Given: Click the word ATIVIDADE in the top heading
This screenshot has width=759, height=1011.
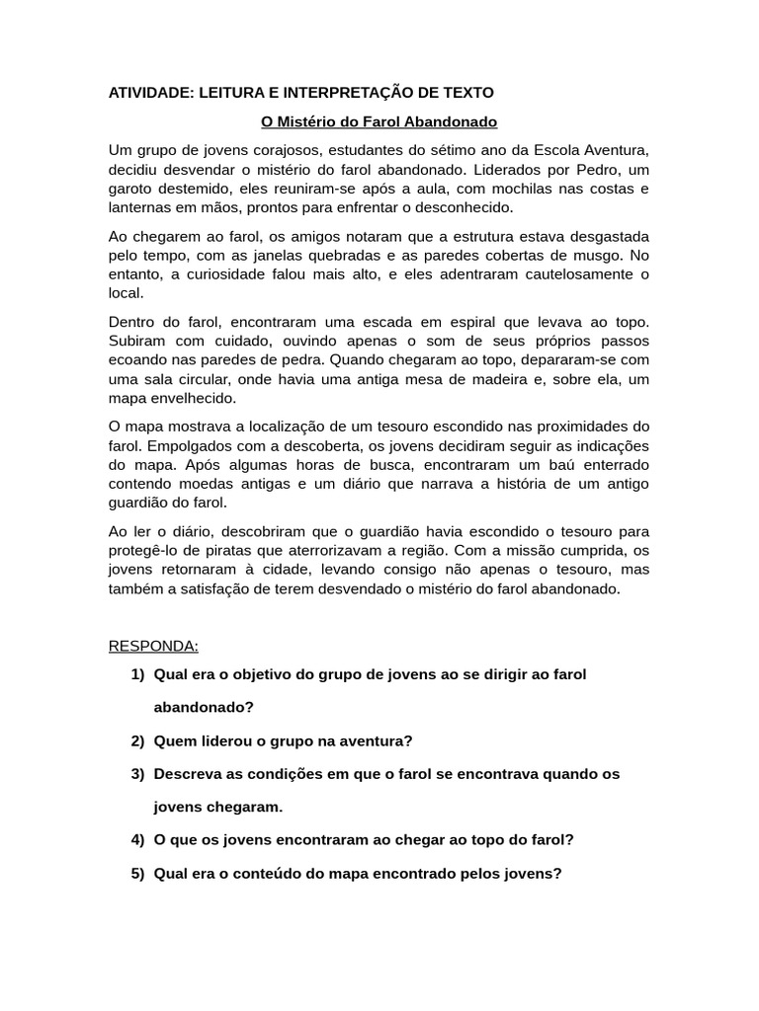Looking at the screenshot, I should click(149, 92).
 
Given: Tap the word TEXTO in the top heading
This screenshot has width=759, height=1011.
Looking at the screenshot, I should click(464, 92).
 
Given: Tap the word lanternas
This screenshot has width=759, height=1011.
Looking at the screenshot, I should click(141, 207).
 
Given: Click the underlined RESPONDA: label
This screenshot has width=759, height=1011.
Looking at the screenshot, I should click(153, 646).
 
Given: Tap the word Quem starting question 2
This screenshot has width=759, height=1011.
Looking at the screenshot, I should click(173, 740).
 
